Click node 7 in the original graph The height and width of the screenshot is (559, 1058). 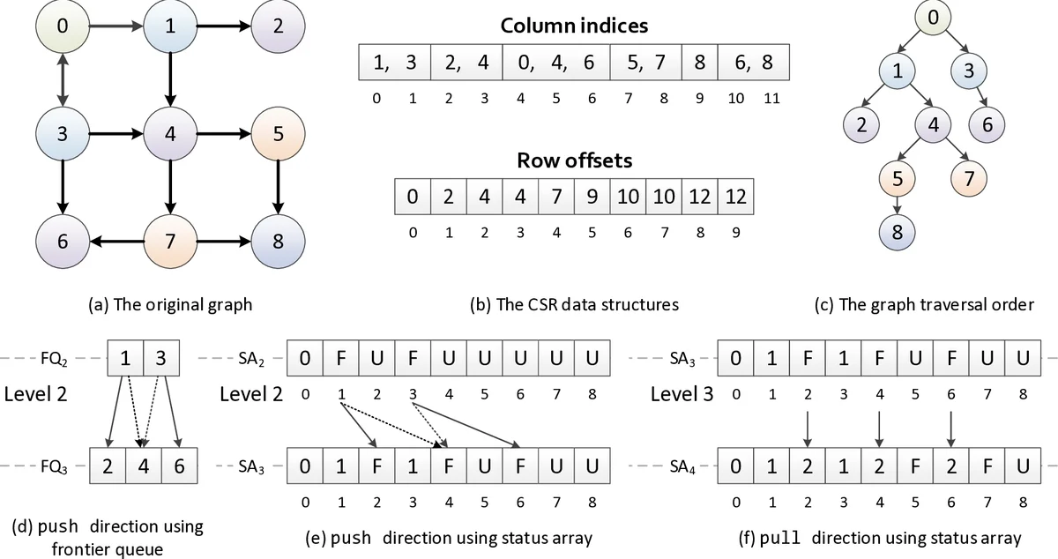pyautogui.click(x=169, y=241)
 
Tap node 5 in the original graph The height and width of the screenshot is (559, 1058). pyautogui.click(x=278, y=135)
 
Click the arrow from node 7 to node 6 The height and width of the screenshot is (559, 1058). pyautogui.click(x=115, y=241)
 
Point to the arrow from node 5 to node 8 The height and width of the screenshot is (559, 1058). pyautogui.click(x=278, y=187)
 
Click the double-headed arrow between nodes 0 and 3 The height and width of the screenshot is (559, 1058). pyautogui.click(x=62, y=80)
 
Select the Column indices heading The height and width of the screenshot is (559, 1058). pyautogui.click(x=574, y=26)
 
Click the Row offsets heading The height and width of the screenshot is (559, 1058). pyautogui.click(x=574, y=162)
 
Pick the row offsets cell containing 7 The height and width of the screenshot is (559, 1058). pyautogui.click(x=555, y=197)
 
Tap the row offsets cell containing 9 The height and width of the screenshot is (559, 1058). pyautogui.click(x=592, y=197)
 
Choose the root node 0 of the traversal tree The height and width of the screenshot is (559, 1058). pyautogui.click(x=934, y=18)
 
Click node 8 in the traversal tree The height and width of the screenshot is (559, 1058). pyautogui.click(x=898, y=234)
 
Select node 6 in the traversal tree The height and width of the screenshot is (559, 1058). pyautogui.click(x=987, y=125)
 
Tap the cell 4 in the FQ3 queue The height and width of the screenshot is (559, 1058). pyautogui.click(x=144, y=466)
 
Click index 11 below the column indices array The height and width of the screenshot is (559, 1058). pyautogui.click(x=771, y=98)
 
